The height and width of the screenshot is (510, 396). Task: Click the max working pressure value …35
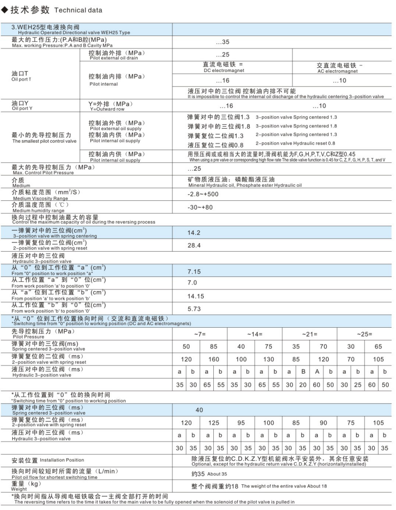pyautogui.click(x=223, y=43)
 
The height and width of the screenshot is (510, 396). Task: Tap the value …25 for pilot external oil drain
pyautogui.click(x=223, y=55)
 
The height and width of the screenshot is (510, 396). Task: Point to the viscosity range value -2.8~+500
pyautogui.click(x=203, y=194)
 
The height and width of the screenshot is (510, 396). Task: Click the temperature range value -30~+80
pyautogui.click(x=200, y=208)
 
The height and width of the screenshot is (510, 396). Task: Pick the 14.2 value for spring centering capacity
pyautogui.click(x=194, y=233)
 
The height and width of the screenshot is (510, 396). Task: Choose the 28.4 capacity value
pyautogui.click(x=194, y=245)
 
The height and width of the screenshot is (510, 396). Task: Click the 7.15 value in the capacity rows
pyautogui.click(x=194, y=271)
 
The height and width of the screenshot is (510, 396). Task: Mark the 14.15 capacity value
pyautogui.click(x=196, y=296)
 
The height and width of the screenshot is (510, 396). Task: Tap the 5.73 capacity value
pyautogui.click(x=194, y=309)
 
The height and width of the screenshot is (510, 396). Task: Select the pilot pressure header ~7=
pyautogui.click(x=200, y=334)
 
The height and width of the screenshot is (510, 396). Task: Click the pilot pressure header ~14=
pyautogui.click(x=255, y=334)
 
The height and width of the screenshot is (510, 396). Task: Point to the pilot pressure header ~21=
pyautogui.click(x=310, y=334)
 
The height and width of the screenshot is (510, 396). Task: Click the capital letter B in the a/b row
pyautogui.click(x=303, y=372)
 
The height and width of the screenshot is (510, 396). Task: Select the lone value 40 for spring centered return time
pyautogui.click(x=199, y=410)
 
